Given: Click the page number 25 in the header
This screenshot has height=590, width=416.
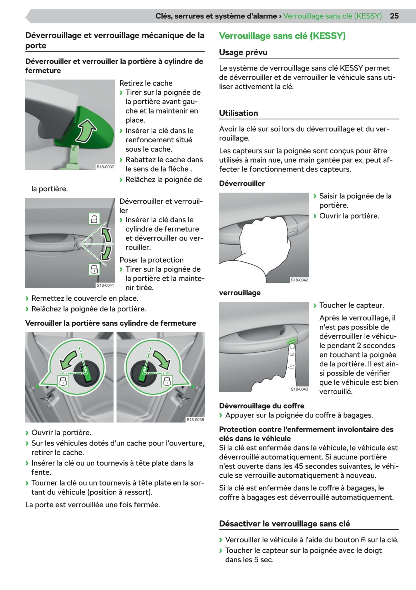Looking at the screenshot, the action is [x=394, y=16].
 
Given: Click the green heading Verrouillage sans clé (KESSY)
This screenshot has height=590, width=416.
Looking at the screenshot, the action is [x=282, y=36].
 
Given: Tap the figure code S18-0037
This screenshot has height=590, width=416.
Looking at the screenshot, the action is [x=105, y=167].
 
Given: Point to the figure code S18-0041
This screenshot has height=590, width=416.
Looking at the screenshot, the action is [x=105, y=285].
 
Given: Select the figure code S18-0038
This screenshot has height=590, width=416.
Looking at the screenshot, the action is [x=195, y=419].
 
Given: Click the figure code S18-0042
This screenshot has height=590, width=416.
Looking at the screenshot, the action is [x=299, y=280].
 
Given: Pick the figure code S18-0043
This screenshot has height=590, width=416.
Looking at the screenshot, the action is [x=299, y=389].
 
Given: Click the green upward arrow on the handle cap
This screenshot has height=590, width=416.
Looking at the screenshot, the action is [x=86, y=131].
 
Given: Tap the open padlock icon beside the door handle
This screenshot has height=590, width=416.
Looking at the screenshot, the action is [x=94, y=219].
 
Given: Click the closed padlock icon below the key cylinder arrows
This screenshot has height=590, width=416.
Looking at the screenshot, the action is [x=94, y=269].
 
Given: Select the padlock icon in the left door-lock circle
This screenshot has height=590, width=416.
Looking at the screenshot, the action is [x=63, y=381].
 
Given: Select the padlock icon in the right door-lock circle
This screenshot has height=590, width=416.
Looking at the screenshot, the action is [x=167, y=381].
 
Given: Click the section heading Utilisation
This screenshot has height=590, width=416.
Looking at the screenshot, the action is [x=238, y=113].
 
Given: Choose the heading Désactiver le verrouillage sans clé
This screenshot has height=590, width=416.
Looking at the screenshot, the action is [x=285, y=523].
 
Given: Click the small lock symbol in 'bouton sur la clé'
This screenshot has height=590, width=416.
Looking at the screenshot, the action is [x=363, y=540].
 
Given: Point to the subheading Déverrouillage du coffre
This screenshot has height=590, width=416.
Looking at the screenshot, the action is [x=262, y=406].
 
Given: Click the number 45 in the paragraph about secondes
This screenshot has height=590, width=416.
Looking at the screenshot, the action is [x=299, y=466].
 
